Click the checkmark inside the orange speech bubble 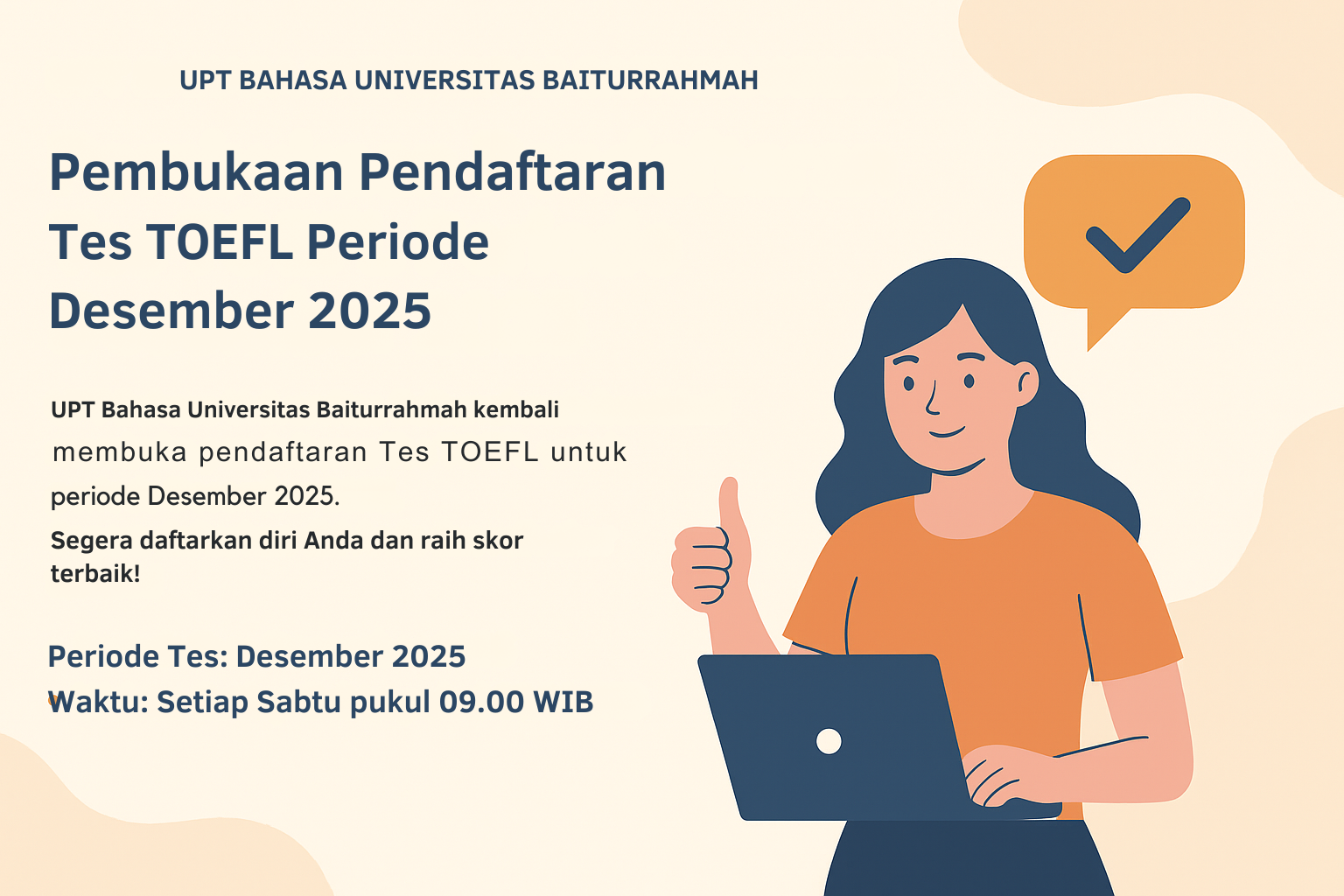(x=1137, y=234)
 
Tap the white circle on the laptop (x=828, y=741)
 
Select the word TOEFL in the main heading (x=220, y=242)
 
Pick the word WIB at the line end (x=563, y=702)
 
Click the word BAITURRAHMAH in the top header (x=650, y=80)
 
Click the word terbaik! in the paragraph (x=95, y=574)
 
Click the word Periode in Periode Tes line (x=103, y=656)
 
